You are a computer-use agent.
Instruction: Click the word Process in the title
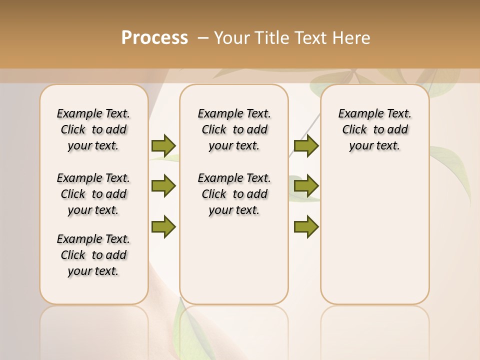click(x=154, y=38)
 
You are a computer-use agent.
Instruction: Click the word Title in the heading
click(x=272, y=38)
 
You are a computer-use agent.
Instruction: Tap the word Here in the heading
click(x=352, y=38)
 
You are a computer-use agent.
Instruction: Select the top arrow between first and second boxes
click(x=163, y=145)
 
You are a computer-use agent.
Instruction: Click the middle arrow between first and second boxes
click(x=163, y=186)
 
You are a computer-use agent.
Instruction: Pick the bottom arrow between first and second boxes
click(x=163, y=226)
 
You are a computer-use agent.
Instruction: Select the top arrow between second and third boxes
click(x=306, y=145)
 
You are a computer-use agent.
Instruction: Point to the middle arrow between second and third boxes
click(x=306, y=186)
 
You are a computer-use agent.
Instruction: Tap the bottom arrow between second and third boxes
click(x=306, y=226)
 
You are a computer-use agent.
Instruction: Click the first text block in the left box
click(x=93, y=129)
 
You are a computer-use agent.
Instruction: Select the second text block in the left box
click(x=93, y=194)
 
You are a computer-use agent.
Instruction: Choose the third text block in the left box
click(x=93, y=255)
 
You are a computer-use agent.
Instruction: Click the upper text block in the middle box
click(x=234, y=129)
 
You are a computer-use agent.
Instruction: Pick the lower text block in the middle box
click(x=234, y=194)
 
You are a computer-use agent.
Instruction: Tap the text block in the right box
click(x=374, y=129)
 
